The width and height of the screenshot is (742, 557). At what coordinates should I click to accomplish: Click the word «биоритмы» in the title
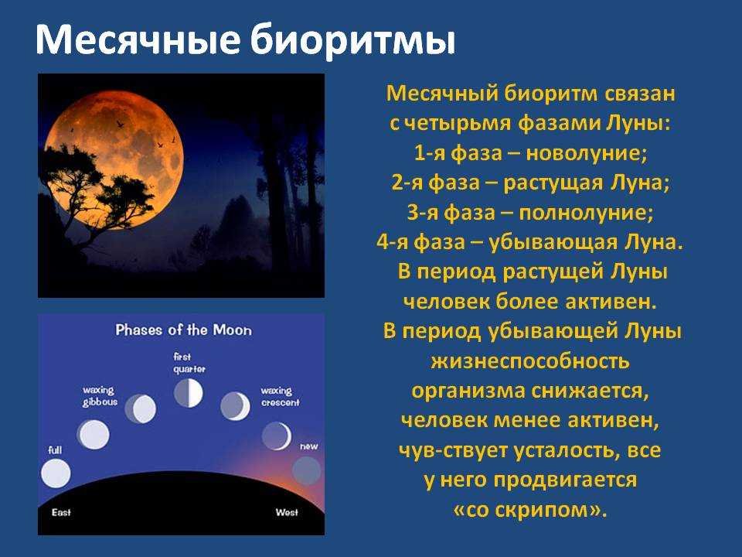pyautogui.click(x=352, y=39)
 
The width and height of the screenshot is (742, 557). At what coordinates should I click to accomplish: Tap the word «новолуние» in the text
pyautogui.click(x=586, y=153)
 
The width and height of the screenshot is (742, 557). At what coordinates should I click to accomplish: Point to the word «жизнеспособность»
pyautogui.click(x=530, y=361)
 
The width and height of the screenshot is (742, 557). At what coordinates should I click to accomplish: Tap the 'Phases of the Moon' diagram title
pyautogui.click(x=184, y=330)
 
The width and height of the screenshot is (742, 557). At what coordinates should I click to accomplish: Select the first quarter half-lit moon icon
pyautogui.click(x=189, y=393)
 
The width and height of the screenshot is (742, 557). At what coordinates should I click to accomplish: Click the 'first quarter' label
pyautogui.click(x=189, y=363)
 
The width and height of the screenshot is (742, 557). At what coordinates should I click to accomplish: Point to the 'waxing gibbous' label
pyautogui.click(x=100, y=396)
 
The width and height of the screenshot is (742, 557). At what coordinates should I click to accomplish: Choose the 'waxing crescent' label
pyautogui.click(x=280, y=396)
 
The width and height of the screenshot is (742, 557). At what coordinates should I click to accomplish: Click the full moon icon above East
pyautogui.click(x=56, y=473)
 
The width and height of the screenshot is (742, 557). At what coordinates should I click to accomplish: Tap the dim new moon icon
pyautogui.click(x=307, y=470)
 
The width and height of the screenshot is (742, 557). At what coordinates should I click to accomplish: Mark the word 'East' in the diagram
pyautogui.click(x=61, y=512)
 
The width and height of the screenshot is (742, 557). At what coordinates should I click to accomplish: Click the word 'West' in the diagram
pyautogui.click(x=287, y=512)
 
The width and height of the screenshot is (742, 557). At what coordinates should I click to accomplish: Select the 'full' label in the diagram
pyautogui.click(x=55, y=450)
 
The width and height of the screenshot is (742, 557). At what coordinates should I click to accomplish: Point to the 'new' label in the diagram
pyautogui.click(x=309, y=446)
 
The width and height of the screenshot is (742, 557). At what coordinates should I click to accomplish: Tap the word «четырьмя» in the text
pyautogui.click(x=458, y=123)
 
